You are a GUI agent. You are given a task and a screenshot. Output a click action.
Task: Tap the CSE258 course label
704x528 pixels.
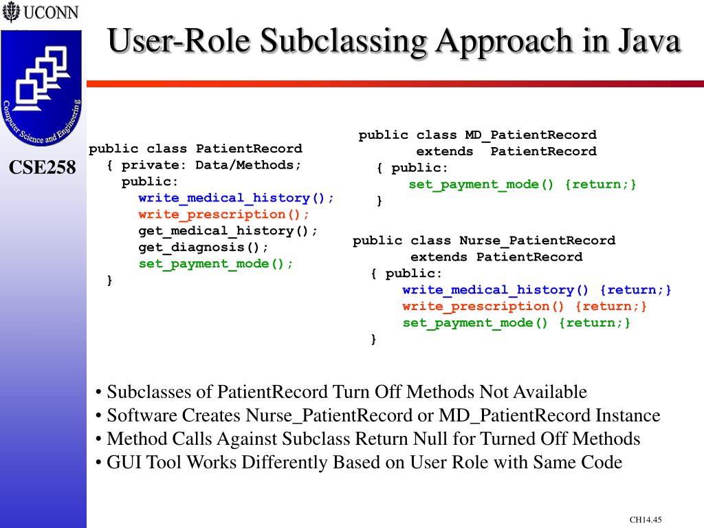(x=43, y=167)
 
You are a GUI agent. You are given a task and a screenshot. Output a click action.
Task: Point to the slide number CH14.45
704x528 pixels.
(x=645, y=520)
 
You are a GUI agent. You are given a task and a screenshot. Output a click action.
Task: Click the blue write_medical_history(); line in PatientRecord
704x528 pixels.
(x=236, y=198)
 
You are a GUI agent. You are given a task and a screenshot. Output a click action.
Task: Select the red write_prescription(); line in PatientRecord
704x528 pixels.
(x=224, y=214)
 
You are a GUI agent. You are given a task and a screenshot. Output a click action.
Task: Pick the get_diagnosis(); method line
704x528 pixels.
(x=203, y=247)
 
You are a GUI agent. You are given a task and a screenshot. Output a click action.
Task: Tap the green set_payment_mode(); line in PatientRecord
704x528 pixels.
(x=216, y=264)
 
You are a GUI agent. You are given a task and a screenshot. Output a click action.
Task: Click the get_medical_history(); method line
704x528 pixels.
(x=228, y=231)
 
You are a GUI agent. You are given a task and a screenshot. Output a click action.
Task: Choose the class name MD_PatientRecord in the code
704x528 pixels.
(x=531, y=135)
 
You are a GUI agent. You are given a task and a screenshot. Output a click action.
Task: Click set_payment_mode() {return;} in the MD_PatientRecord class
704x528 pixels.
(x=522, y=184)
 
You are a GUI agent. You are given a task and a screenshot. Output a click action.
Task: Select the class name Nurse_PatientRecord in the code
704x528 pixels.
(x=537, y=241)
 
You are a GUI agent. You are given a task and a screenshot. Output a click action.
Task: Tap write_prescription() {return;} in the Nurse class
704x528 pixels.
(x=525, y=307)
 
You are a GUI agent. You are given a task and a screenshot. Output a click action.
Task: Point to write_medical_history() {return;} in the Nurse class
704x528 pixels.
(x=537, y=290)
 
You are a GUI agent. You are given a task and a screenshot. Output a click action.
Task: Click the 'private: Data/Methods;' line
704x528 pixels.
(x=212, y=165)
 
